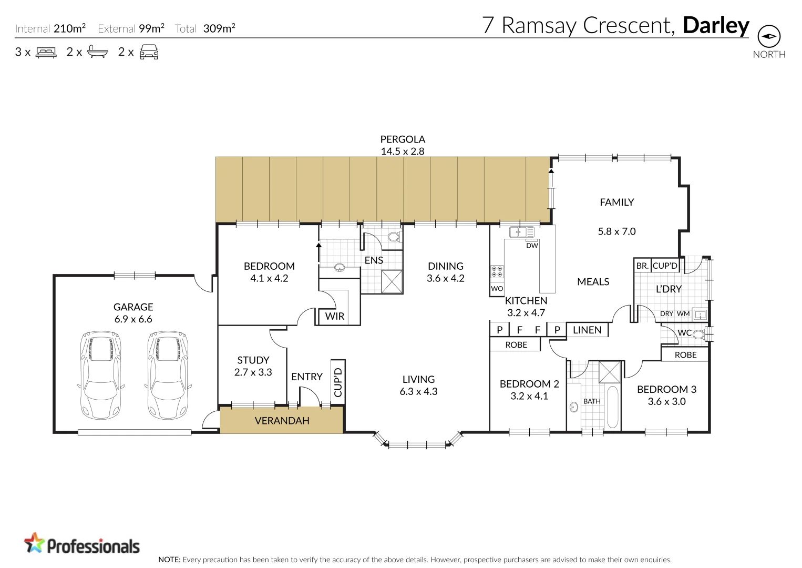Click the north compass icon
768,36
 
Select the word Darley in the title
715,25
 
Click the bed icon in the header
46,52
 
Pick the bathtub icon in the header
97,52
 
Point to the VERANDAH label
282,421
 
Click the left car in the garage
101,374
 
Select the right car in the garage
168,374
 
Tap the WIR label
334,316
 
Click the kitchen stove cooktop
497,271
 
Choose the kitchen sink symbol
521,232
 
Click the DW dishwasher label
532,246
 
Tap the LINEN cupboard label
587,330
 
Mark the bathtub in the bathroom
613,407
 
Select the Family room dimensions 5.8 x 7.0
616,231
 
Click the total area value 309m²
219,28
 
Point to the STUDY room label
253,360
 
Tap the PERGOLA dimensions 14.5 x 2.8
402,151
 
